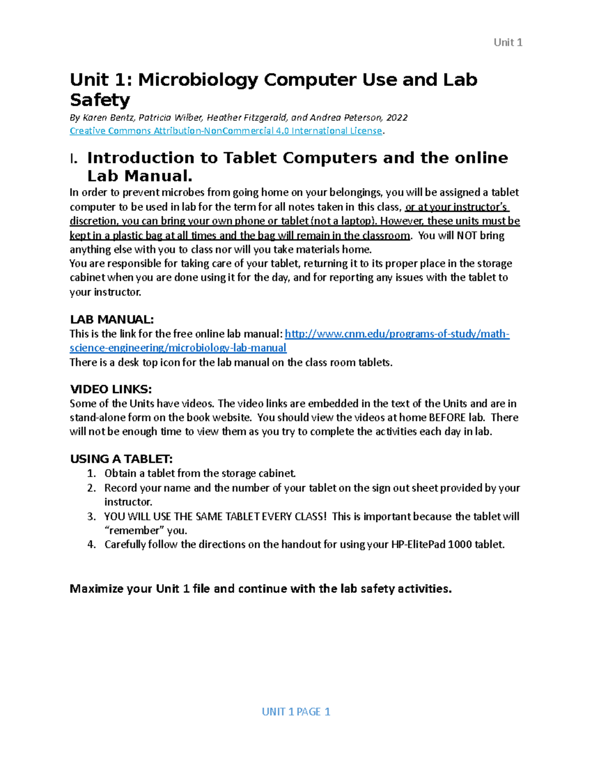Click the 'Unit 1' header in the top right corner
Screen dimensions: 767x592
point(508,42)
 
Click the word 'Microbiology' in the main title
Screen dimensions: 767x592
point(198,80)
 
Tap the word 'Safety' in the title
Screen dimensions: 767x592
point(100,100)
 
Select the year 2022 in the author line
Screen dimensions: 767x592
point(397,118)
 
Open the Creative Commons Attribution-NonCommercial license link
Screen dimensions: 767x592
point(225,131)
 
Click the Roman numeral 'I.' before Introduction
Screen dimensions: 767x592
point(74,159)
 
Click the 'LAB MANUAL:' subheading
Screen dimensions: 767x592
point(112,319)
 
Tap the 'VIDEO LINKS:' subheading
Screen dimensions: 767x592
point(111,389)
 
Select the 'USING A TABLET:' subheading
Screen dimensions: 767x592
point(121,459)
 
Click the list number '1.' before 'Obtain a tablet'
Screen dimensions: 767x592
point(91,474)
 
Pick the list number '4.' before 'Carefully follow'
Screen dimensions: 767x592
point(91,545)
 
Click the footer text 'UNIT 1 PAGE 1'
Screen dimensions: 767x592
point(296,712)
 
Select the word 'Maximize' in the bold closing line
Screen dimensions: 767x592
point(97,589)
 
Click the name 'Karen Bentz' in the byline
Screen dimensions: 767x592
point(108,118)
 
